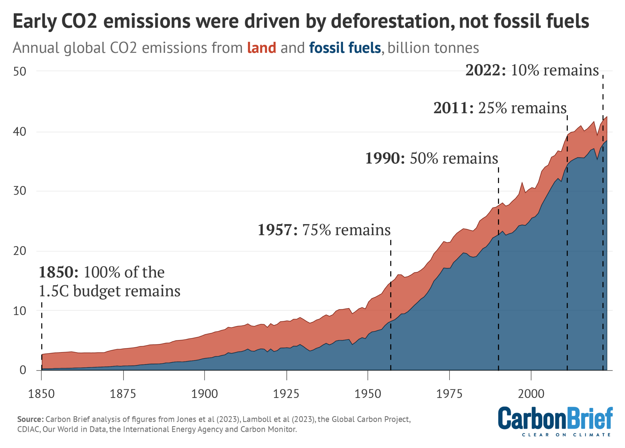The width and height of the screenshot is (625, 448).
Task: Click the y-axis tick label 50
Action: (x=20, y=72)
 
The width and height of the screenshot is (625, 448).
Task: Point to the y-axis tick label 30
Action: (x=20, y=191)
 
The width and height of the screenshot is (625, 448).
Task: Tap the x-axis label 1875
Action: (x=123, y=394)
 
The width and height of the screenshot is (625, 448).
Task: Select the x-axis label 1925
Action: (x=286, y=394)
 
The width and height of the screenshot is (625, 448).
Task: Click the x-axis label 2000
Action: (x=531, y=394)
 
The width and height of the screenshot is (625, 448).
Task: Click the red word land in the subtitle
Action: (x=262, y=48)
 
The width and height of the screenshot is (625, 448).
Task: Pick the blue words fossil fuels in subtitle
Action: (x=345, y=48)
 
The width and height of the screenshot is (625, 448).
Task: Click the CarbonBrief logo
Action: (x=555, y=418)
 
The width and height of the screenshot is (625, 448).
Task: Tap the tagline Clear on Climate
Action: (x=566, y=435)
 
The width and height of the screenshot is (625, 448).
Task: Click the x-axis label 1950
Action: (x=368, y=394)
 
